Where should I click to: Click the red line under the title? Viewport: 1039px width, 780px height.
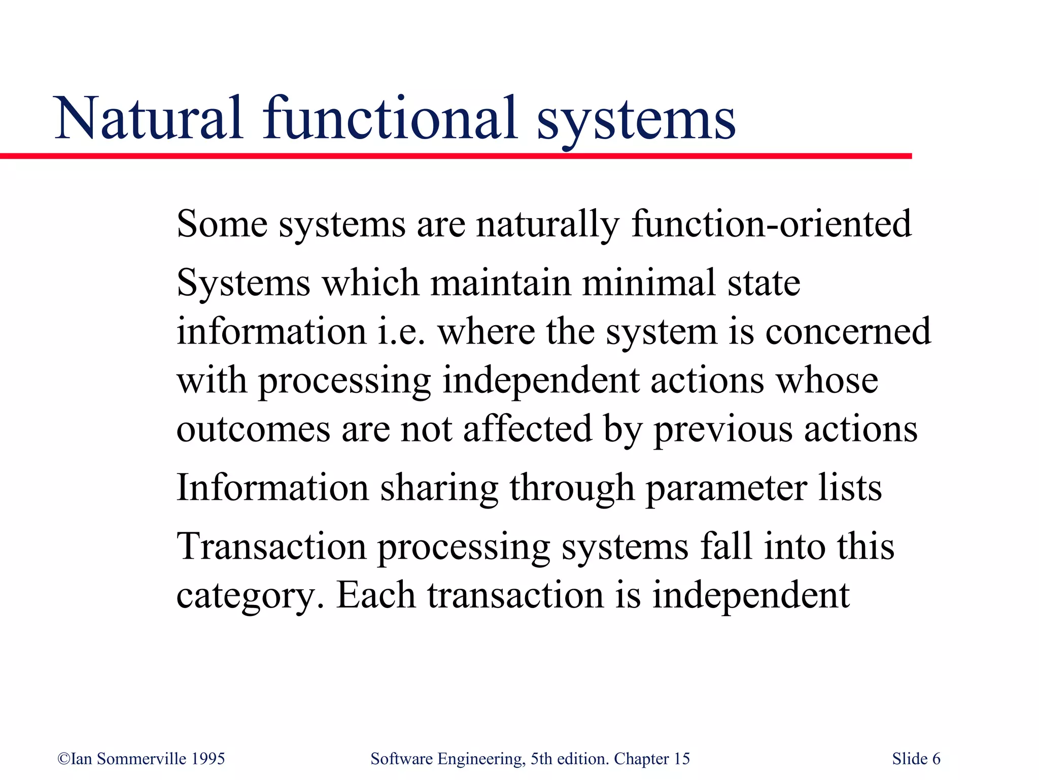[457, 156]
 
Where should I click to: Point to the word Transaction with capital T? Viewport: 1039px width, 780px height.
[271, 547]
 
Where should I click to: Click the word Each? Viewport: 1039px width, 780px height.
[375, 595]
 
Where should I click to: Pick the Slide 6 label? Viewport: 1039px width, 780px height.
[916, 759]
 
